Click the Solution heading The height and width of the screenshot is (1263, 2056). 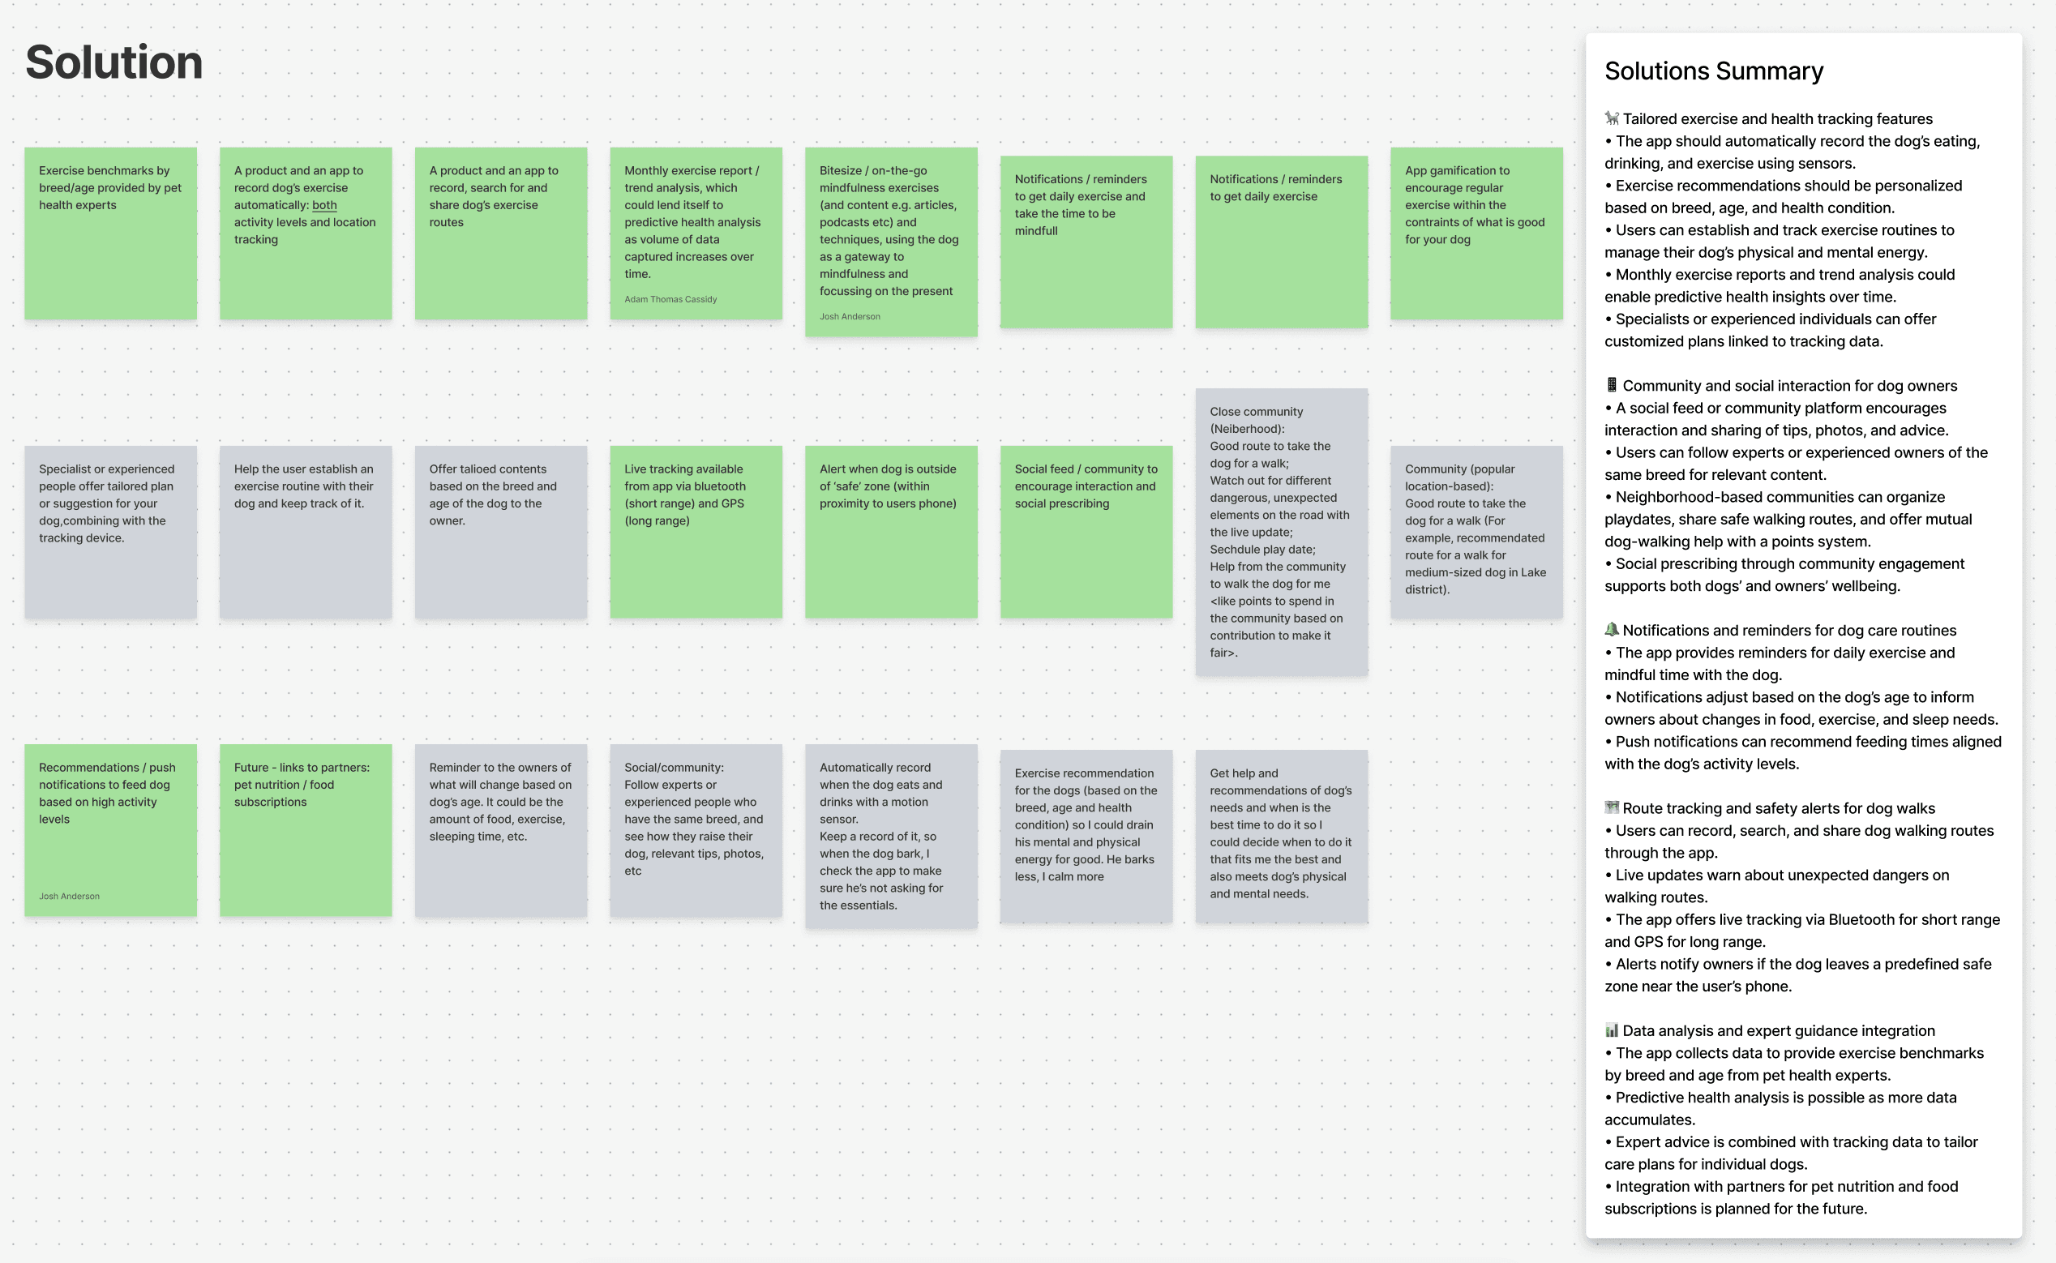114,62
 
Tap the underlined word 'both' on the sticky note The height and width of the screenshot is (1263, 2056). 324,205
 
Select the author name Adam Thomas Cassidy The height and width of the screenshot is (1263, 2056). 670,299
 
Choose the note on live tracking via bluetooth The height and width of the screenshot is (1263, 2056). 695,532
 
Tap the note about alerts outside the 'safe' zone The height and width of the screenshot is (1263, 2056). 890,532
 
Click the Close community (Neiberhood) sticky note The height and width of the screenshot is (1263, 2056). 1281,532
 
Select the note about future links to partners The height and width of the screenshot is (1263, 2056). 306,830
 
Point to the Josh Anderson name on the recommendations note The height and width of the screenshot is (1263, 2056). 70,897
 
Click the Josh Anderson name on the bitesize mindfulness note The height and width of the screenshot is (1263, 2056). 850,317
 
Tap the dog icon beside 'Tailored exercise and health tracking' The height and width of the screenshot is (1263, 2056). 1612,118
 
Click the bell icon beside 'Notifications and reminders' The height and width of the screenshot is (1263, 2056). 1612,630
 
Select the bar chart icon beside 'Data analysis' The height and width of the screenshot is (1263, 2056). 1612,1031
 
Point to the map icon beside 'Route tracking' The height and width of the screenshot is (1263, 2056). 1612,807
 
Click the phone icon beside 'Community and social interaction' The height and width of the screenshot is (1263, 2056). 1612,385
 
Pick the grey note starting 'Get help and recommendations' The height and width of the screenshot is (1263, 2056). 1281,836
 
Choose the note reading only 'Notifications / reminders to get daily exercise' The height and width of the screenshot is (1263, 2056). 1281,242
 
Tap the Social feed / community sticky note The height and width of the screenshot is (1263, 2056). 1086,532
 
